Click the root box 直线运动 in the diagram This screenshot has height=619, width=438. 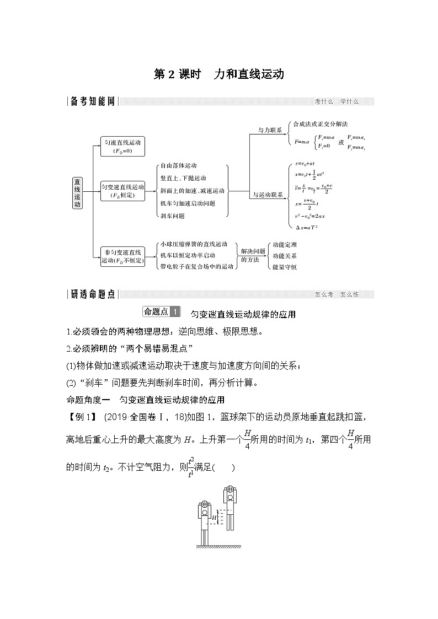(78, 193)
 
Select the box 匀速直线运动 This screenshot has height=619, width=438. (122, 146)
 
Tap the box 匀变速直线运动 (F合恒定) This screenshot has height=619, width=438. (122, 190)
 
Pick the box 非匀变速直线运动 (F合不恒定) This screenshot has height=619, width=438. (122, 256)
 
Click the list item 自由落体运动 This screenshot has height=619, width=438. (178, 165)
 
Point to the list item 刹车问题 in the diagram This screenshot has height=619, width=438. (172, 216)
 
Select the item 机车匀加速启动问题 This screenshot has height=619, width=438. (188, 203)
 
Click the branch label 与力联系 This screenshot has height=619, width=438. (270, 130)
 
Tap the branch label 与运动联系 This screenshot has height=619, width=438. (268, 195)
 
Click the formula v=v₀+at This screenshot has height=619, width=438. (305, 164)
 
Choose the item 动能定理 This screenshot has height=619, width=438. (285, 244)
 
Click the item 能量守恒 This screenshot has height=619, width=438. (285, 267)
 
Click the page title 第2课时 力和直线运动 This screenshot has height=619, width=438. (218, 74)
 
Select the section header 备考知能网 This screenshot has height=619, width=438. (93, 101)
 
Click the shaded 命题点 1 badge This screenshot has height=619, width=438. (161, 312)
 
